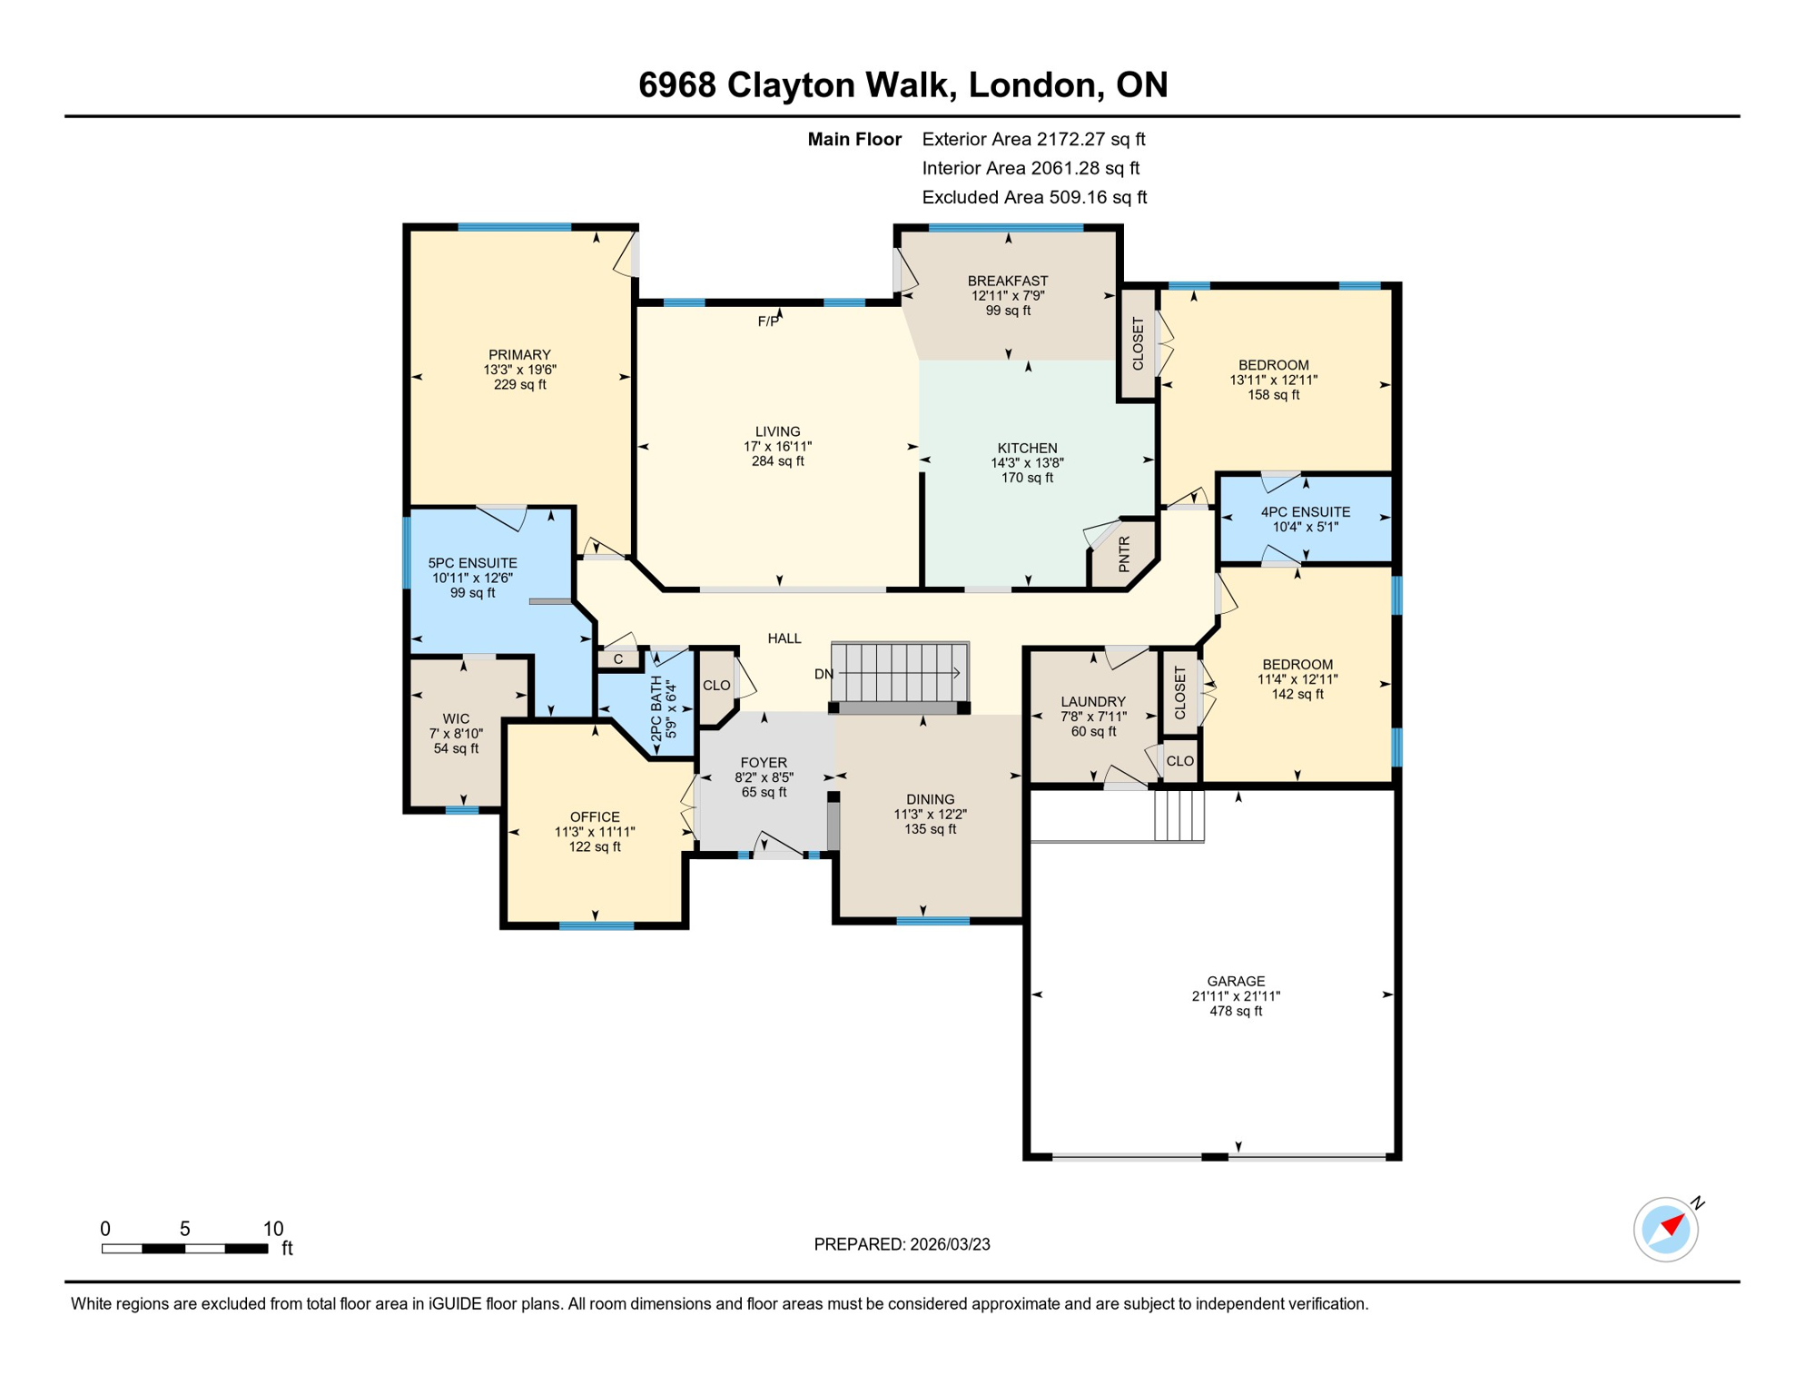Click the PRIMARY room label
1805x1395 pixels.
[x=519, y=355]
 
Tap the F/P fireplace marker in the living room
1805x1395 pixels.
[x=768, y=322]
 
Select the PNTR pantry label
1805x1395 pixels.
[x=1124, y=554]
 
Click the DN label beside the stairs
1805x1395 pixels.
[x=824, y=674]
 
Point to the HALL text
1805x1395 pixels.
[x=784, y=638]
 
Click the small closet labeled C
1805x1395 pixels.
[x=618, y=659]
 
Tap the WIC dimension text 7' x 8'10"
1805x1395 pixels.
[x=456, y=734]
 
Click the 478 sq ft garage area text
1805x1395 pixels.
[x=1236, y=1011]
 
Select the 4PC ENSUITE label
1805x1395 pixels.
[x=1305, y=512]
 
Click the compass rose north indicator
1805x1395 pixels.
[x=1669, y=1228]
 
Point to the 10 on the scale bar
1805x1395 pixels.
[x=273, y=1229]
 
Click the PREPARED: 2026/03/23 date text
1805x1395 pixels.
[x=902, y=1244]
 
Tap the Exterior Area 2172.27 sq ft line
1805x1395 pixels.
[x=1033, y=139]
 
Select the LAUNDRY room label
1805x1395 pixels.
[x=1093, y=701]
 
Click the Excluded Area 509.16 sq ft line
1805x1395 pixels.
[x=1034, y=197]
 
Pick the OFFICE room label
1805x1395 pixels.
[x=595, y=816]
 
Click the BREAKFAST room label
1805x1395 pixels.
[x=1008, y=281]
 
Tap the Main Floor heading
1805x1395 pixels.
[x=854, y=139]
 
